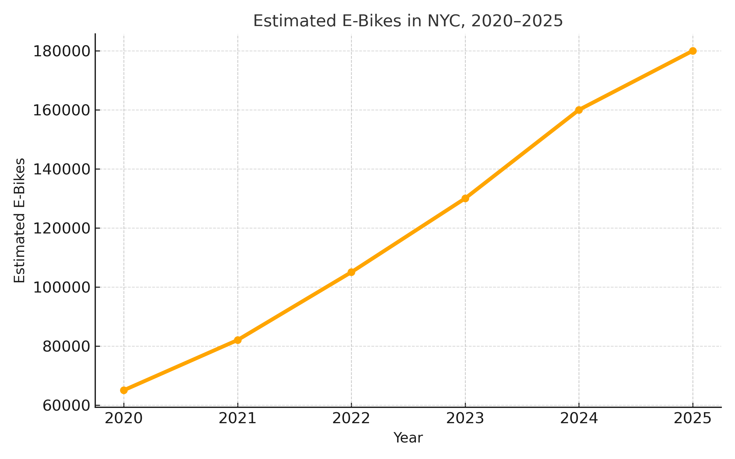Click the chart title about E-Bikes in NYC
(x=408, y=21)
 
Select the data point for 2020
(x=124, y=390)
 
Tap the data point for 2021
(x=238, y=340)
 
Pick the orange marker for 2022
(x=351, y=272)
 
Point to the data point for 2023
(x=465, y=198)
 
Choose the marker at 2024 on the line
(x=579, y=110)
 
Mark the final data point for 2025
(x=693, y=51)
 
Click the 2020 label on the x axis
(x=124, y=419)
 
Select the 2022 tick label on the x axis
(x=351, y=419)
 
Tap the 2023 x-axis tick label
(x=465, y=419)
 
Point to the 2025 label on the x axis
(x=693, y=419)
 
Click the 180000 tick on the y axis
(x=62, y=51)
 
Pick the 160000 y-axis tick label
(x=62, y=110)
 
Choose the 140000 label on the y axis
(x=62, y=170)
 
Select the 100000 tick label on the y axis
(x=62, y=288)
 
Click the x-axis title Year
(x=408, y=438)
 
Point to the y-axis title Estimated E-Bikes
(x=20, y=220)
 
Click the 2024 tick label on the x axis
(x=579, y=419)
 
